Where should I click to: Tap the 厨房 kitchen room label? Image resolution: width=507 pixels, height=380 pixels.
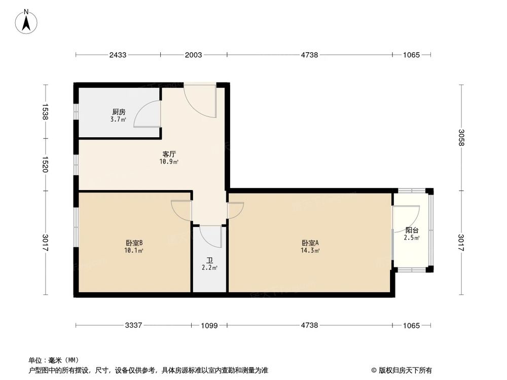118,112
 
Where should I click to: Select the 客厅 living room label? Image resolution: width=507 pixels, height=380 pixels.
169,154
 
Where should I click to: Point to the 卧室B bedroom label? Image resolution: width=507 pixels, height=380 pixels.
134,243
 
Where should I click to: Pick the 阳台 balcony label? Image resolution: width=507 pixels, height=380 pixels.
412,230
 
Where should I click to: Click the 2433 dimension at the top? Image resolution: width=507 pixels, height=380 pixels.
118,55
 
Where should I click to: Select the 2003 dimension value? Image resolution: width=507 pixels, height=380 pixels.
194,55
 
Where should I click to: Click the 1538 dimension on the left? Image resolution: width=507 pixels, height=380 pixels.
45,111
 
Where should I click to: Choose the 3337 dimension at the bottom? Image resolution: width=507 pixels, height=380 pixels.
134,325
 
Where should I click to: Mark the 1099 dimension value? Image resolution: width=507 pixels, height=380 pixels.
209,325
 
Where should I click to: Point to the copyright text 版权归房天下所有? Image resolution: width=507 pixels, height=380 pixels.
404,370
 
